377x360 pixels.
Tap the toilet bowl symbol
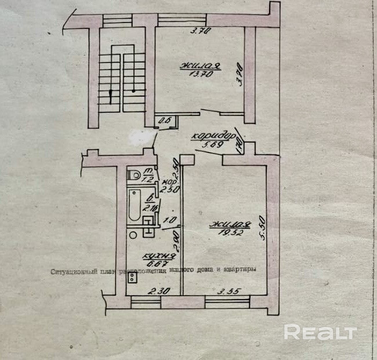point(133,173)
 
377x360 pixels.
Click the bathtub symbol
point(134,206)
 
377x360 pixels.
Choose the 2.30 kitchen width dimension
point(154,292)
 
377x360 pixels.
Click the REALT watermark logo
point(320,332)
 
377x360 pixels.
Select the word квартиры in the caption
point(240,270)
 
